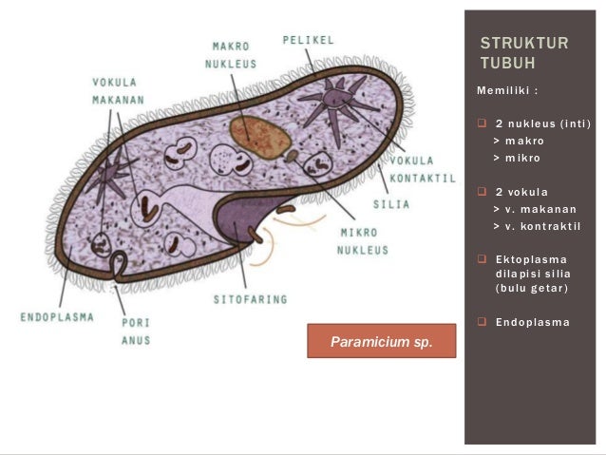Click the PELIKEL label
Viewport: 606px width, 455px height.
[x=308, y=40]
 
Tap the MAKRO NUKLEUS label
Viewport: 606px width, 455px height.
[x=232, y=55]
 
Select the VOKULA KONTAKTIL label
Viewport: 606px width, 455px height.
[x=421, y=169]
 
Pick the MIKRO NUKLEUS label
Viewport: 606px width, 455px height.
[x=362, y=241]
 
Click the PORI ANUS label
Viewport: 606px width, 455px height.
[x=136, y=332]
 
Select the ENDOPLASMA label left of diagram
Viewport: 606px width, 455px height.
[x=57, y=317]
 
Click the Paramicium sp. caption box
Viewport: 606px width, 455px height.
[x=381, y=340]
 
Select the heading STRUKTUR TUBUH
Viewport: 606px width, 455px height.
[x=524, y=53]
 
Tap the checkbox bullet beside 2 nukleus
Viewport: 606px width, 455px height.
[x=482, y=124]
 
